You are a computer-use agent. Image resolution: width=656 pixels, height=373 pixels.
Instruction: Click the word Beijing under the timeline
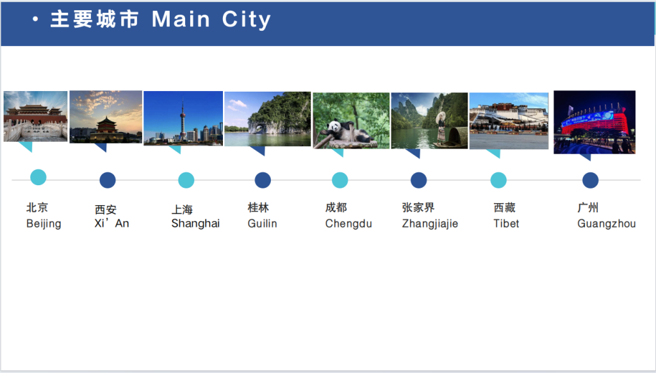44,224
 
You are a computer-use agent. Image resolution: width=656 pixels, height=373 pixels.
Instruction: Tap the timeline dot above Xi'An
108,180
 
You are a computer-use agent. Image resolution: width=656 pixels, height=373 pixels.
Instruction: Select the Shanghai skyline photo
183,119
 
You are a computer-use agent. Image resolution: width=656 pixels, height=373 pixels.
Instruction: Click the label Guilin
262,224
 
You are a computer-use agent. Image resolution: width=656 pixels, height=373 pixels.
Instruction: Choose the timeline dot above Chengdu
340,180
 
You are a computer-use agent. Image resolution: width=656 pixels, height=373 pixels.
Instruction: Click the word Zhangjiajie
430,224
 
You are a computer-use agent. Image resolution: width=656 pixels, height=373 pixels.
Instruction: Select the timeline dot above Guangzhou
591,180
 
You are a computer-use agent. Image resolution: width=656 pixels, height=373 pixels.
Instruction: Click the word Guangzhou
606,224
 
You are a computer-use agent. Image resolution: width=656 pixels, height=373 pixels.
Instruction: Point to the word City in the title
247,19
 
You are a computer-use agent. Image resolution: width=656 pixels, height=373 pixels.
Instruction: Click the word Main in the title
181,19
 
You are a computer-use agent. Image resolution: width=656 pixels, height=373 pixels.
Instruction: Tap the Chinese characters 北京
37,208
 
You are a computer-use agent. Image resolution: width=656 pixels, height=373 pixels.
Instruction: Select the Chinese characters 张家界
418,208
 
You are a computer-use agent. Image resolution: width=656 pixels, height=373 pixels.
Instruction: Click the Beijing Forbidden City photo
35,116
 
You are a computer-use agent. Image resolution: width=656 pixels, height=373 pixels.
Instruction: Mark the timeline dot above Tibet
498,180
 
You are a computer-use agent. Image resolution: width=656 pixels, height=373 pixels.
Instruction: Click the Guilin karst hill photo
267,119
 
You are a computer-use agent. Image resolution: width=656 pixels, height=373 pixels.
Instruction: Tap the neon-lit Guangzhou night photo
594,122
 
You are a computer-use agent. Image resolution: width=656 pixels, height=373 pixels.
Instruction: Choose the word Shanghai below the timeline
195,224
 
